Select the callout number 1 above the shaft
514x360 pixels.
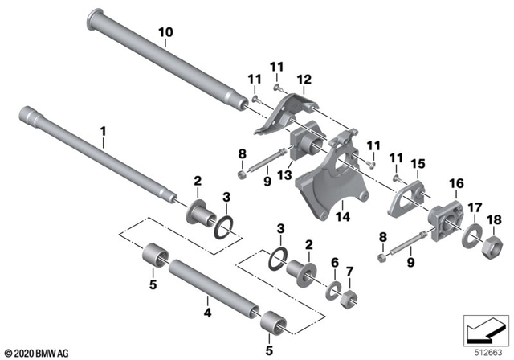point(103,129)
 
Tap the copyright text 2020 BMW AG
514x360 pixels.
point(34,352)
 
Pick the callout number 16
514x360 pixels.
point(456,183)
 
